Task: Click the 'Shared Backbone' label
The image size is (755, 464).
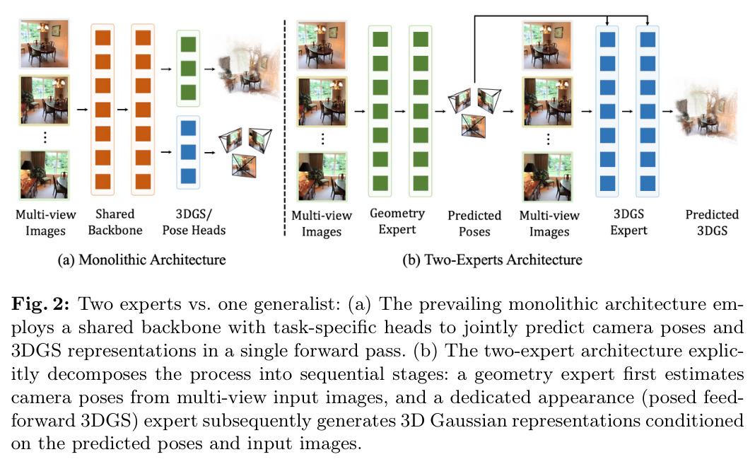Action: [115, 221]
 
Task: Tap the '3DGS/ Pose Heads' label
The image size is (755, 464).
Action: [194, 221]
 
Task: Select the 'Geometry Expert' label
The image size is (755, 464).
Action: [397, 221]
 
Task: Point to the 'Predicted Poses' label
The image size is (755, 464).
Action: [474, 223]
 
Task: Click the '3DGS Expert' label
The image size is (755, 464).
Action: [629, 221]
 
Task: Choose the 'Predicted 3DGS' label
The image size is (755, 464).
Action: [712, 222]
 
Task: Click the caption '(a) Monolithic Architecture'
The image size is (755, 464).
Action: [141, 260]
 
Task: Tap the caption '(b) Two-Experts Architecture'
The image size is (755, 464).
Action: [492, 260]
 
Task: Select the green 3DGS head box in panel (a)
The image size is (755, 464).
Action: [188, 69]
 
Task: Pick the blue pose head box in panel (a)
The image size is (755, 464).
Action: [188, 152]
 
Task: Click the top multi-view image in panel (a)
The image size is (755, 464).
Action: [45, 43]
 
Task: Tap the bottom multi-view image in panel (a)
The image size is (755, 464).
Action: [45, 175]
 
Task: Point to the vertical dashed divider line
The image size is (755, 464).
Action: [285, 128]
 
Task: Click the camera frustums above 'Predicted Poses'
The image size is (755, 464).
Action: [474, 111]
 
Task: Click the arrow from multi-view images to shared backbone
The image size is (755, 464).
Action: [82, 110]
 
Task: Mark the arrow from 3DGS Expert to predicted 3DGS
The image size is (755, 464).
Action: [667, 111]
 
